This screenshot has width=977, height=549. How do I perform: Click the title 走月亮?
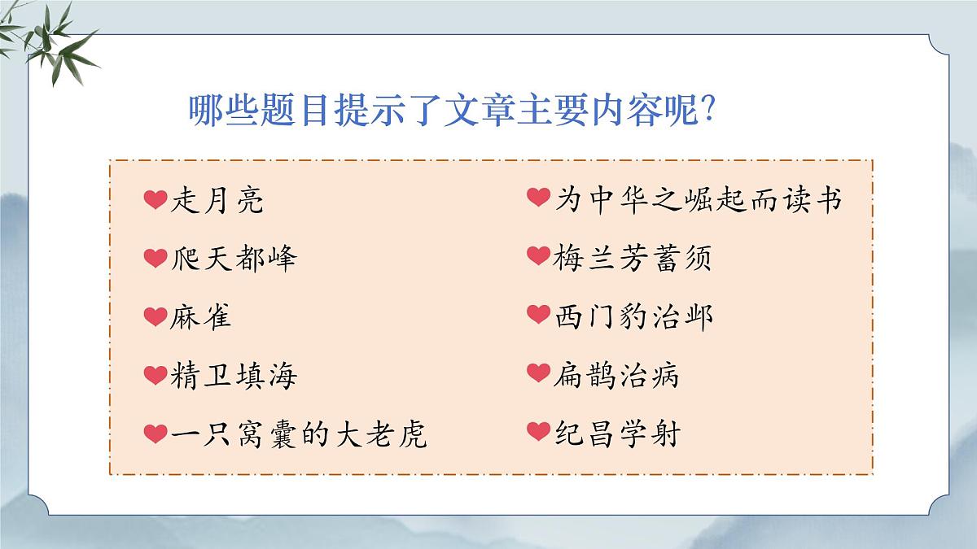[217, 200]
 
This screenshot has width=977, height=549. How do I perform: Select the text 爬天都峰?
[234, 259]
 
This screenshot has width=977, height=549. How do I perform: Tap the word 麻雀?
[201, 316]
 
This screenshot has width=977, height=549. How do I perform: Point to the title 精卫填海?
[234, 375]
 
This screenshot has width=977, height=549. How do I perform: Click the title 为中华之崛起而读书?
[698, 200]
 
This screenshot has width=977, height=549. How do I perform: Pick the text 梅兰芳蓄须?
[633, 259]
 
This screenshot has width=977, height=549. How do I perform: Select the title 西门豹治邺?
[633, 316]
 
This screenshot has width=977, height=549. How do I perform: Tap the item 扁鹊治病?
[616, 375]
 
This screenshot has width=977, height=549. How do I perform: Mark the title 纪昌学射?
[616, 433]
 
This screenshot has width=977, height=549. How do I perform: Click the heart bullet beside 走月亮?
[155, 199]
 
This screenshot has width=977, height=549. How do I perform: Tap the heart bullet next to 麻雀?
[155, 316]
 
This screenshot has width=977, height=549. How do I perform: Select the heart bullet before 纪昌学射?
[538, 431]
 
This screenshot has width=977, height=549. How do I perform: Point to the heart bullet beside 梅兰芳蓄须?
[538, 257]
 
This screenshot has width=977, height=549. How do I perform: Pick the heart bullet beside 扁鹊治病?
[538, 373]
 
